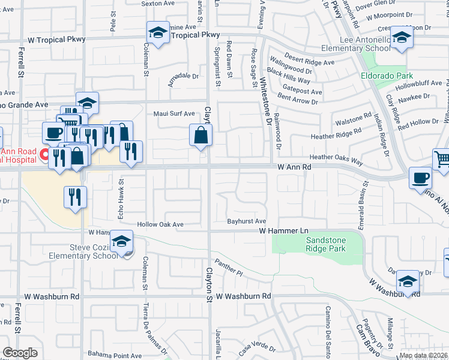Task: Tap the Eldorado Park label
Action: coord(387,76)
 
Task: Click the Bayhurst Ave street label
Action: coord(246,221)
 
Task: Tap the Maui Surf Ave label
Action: coord(174,113)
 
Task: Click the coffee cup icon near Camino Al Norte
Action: coord(420,178)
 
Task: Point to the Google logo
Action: coord(20,353)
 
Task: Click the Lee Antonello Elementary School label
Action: coord(365,44)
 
